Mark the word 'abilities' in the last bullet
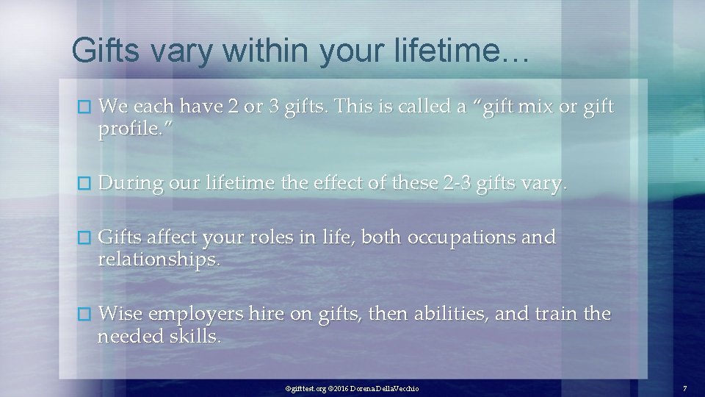click(447, 314)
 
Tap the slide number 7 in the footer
click(684, 387)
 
